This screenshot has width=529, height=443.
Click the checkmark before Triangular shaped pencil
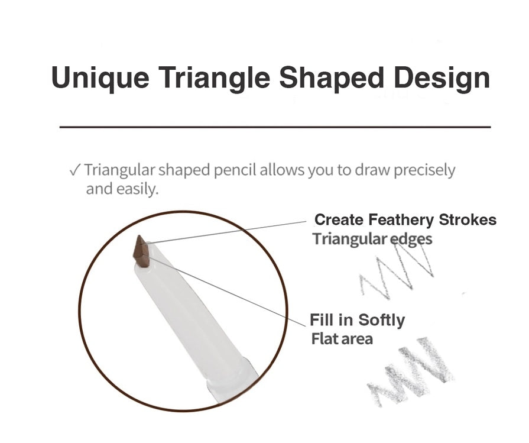pos(74,170)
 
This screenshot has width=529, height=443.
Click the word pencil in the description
pos(235,170)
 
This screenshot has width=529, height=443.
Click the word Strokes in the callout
pos(468,220)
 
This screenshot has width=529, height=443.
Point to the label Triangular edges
pos(372,240)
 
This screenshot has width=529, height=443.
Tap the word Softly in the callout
pos(381,320)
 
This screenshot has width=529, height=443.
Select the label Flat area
pos(342,339)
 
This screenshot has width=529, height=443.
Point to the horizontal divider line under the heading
pos(275,127)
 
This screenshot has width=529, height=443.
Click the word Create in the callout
pos(339,220)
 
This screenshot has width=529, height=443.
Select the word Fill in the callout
pos(322,320)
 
